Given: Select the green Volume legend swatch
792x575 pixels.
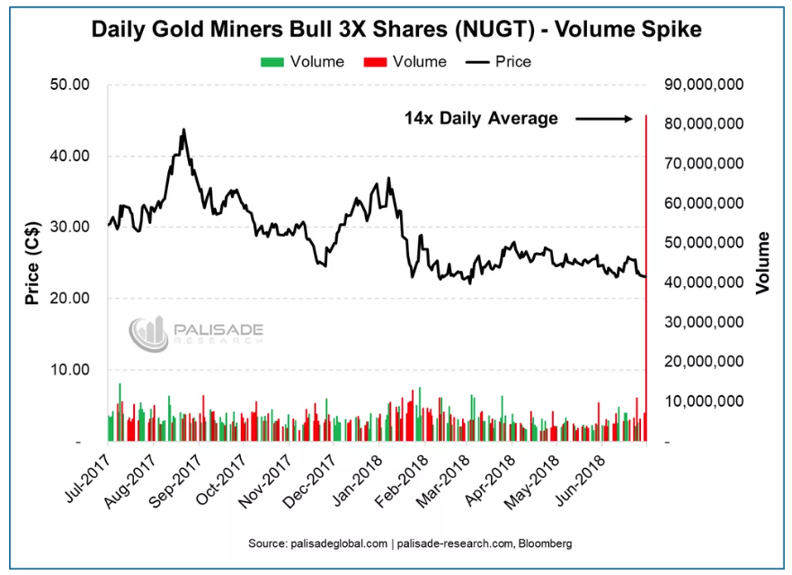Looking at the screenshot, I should click(272, 62).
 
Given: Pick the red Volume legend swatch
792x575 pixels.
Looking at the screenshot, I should click(375, 62).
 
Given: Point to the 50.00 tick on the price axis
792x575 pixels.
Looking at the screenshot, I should click(68, 85).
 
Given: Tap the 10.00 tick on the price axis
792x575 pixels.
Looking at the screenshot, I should click(68, 370).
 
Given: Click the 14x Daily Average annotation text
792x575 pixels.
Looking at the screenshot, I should click(481, 118).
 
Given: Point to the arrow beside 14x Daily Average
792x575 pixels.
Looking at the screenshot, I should click(605, 118).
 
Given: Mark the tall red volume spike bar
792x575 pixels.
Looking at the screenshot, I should click(646, 270).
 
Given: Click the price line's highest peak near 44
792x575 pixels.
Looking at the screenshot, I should click(183, 130).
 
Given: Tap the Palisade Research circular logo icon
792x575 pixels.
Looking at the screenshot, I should click(148, 334).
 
